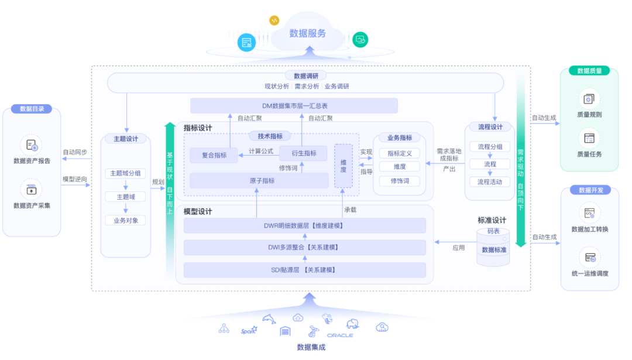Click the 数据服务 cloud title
(x=307, y=33)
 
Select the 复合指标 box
(x=214, y=155)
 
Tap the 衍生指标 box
(x=303, y=153)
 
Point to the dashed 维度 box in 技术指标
(x=344, y=166)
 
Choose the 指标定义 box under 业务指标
(x=400, y=153)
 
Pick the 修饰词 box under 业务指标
(x=400, y=181)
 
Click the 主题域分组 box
(x=125, y=173)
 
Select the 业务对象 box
(x=125, y=221)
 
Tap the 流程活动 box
(x=490, y=182)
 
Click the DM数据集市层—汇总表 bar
(x=294, y=106)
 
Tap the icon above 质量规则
(x=589, y=98)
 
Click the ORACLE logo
(x=340, y=335)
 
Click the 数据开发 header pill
(x=590, y=190)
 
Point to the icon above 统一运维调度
(x=589, y=258)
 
